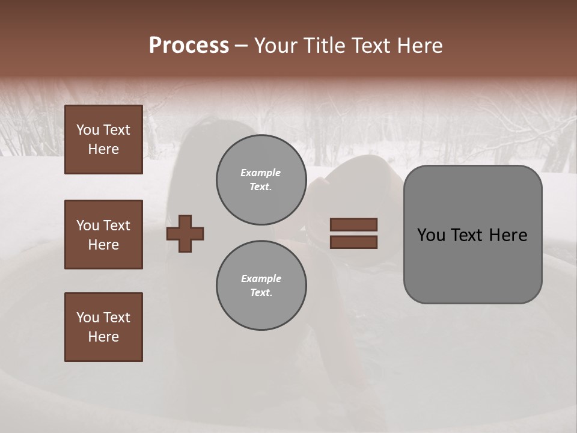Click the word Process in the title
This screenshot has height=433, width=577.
(189, 46)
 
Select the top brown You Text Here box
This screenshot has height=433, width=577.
(103, 140)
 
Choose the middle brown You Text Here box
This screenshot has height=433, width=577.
(103, 235)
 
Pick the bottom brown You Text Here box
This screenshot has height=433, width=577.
(103, 327)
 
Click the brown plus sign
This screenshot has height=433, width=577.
(185, 233)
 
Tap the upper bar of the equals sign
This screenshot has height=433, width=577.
(353, 224)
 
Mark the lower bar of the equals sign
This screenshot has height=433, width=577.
(353, 242)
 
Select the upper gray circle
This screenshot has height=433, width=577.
(261, 180)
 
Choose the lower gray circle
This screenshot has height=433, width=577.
(261, 286)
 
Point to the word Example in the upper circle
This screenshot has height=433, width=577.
(261, 173)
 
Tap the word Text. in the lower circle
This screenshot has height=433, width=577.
(261, 293)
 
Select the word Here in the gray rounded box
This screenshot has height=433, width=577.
(508, 235)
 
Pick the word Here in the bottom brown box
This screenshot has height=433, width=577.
(103, 337)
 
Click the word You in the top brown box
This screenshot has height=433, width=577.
(88, 130)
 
